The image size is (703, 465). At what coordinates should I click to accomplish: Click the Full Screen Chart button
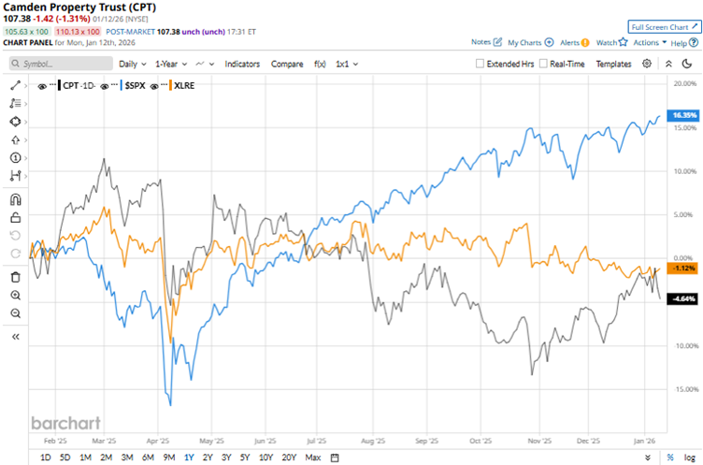coord(663,28)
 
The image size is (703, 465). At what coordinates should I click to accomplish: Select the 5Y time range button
coord(244,457)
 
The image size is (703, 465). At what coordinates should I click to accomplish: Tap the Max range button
coord(313,457)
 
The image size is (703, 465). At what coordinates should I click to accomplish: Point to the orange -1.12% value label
coord(684,268)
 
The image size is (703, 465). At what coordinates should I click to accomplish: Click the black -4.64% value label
coord(684,298)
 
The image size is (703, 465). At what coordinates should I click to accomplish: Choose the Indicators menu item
coord(243,64)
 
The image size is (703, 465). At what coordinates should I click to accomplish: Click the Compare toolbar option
coord(287,64)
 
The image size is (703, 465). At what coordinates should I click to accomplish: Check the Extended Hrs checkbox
coord(480,64)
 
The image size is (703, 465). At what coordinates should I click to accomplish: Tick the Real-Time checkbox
coord(543,64)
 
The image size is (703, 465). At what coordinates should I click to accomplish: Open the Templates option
coord(613,64)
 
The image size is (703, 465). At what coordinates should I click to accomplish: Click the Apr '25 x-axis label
coord(159,439)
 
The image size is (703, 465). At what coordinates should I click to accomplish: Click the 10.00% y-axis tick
coord(685,170)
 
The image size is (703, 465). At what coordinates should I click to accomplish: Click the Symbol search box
coord(61,64)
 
